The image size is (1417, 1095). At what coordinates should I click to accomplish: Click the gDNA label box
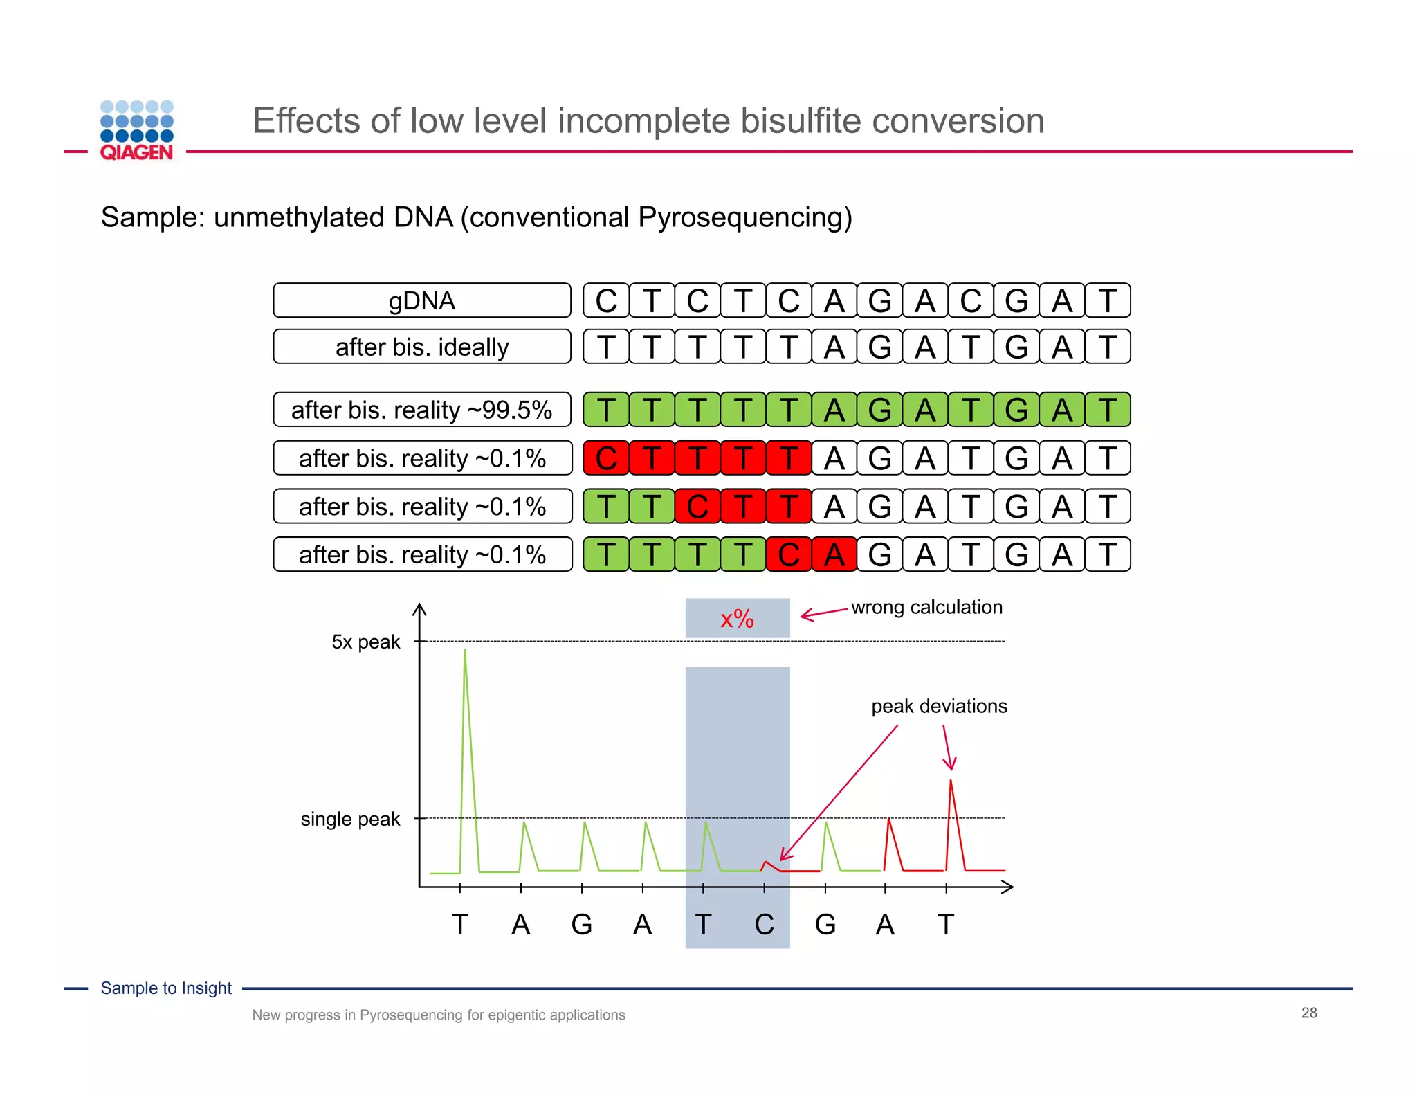[x=421, y=300]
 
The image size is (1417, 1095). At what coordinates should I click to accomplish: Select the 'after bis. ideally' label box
[x=421, y=347]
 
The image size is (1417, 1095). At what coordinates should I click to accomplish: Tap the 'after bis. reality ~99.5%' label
[x=421, y=410]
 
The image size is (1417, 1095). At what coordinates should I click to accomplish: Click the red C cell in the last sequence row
[x=788, y=554]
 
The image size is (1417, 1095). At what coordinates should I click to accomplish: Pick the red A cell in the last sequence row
[x=834, y=554]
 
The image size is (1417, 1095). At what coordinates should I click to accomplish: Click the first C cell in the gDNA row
[x=606, y=300]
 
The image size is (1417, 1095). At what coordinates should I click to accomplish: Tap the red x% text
[x=737, y=619]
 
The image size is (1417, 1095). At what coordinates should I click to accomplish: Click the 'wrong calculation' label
[x=926, y=607]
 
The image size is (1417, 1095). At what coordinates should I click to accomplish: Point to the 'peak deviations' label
[x=938, y=706]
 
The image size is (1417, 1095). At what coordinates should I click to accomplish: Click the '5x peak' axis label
[x=365, y=642]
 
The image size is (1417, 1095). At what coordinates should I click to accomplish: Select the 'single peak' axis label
[x=350, y=819]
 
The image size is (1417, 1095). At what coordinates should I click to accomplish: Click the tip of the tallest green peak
[x=464, y=651]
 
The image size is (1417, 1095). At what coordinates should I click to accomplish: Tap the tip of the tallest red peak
[x=951, y=781]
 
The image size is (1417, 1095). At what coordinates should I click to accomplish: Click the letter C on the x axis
[x=764, y=925]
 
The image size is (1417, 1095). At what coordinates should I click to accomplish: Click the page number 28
[x=1308, y=1013]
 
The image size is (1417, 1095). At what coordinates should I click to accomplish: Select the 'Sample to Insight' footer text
[x=166, y=988]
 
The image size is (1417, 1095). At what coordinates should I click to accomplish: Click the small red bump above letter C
[x=766, y=862]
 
